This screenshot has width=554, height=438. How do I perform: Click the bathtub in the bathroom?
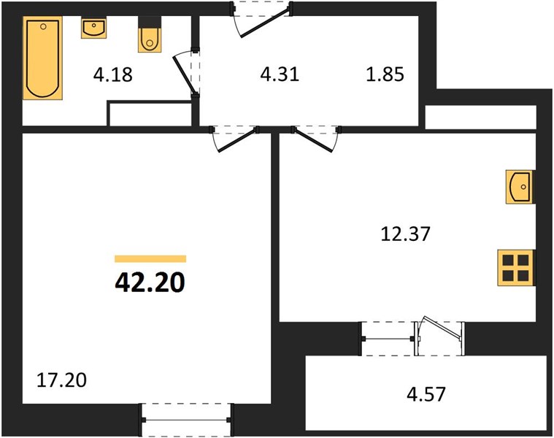point(43,58)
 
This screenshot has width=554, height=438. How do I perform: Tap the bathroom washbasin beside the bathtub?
point(93,28)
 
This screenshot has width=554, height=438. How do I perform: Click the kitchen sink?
point(520,187)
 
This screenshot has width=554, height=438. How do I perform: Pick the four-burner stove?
point(516,268)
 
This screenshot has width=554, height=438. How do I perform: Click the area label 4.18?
point(113,75)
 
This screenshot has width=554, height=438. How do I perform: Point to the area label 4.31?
point(280,74)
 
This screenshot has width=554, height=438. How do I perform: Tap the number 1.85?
point(385,74)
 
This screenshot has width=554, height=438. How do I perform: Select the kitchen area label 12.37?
point(405,234)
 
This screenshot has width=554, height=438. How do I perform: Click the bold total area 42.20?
point(150,283)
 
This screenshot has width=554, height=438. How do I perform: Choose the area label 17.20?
point(61,380)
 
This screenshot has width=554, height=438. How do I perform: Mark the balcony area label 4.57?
point(426,394)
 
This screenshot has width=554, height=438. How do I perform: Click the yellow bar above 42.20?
point(150,259)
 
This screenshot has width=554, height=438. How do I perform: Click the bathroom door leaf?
point(183,75)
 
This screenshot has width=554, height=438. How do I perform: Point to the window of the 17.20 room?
point(186,420)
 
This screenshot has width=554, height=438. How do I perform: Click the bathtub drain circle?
point(43,26)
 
